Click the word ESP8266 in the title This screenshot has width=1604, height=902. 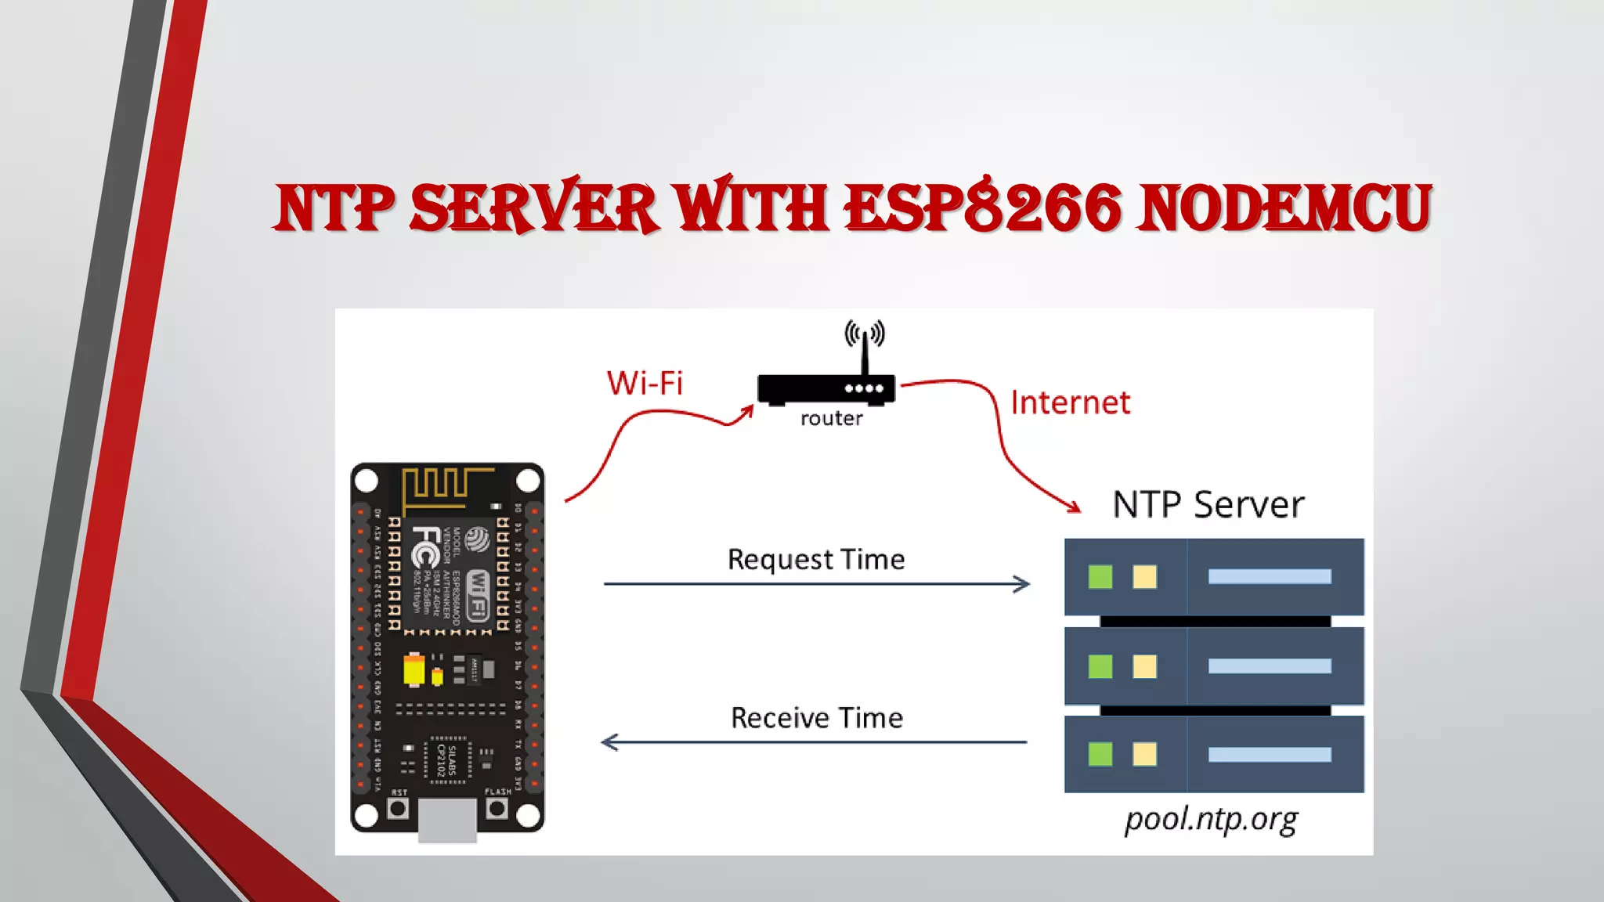982,207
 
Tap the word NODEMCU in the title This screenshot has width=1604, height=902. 1284,207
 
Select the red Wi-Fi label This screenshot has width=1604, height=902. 645,383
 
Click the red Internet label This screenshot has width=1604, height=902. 1070,402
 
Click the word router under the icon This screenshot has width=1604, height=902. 831,419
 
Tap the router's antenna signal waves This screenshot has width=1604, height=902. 865,334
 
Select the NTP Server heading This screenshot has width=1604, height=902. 1208,504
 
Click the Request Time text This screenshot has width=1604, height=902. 815,559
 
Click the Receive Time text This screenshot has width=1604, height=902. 816,718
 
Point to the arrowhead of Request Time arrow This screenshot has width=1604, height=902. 1022,584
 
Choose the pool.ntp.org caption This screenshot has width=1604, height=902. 1211,820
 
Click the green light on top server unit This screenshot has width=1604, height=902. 1100,577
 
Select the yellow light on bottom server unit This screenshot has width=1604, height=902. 1144,755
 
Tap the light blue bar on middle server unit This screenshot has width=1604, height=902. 1269,666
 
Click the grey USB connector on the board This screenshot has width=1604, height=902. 447,821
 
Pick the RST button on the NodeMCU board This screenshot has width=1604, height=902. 398,808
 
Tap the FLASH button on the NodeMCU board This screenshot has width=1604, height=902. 497,808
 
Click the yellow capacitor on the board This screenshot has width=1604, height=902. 414,670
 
